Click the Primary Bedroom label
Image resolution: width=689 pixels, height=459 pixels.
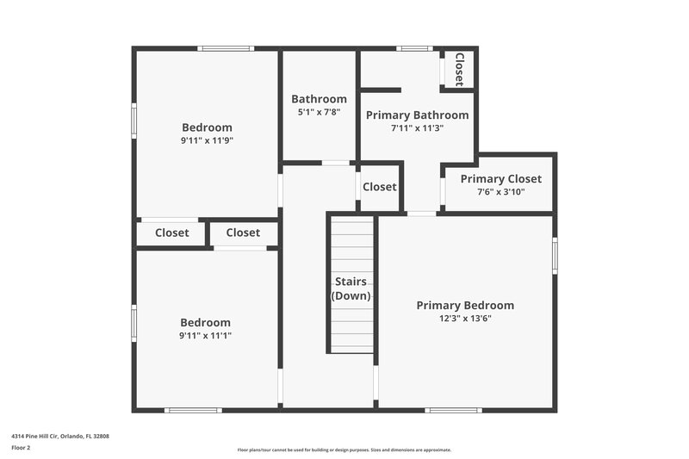(x=465, y=306)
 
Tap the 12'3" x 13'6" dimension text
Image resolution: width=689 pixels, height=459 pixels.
(x=465, y=318)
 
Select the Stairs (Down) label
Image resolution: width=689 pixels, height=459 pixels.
(x=351, y=288)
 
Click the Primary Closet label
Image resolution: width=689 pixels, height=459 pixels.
(x=500, y=179)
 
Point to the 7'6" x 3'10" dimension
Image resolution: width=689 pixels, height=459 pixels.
(x=500, y=191)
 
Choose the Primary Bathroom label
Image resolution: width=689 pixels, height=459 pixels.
(x=418, y=115)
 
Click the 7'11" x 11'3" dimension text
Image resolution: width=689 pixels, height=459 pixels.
(x=418, y=127)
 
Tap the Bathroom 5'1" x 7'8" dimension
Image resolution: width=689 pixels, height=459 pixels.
(x=319, y=112)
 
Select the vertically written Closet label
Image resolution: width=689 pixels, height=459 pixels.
(x=459, y=69)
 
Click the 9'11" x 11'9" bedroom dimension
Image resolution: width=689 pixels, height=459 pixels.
(x=207, y=140)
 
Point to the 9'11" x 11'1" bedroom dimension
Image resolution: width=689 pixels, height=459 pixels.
(x=206, y=335)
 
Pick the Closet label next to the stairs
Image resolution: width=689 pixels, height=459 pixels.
(x=380, y=187)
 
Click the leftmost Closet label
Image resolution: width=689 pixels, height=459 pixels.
(x=172, y=233)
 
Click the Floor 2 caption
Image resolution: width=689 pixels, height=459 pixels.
(x=21, y=448)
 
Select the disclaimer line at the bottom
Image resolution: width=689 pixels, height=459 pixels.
(x=344, y=450)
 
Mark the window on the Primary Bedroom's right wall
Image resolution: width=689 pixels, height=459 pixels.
(x=555, y=256)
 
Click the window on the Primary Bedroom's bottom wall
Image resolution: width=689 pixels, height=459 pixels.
(x=453, y=410)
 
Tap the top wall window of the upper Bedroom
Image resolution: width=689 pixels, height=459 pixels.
(x=226, y=48)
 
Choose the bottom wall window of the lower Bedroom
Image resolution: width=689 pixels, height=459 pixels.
(x=194, y=410)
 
